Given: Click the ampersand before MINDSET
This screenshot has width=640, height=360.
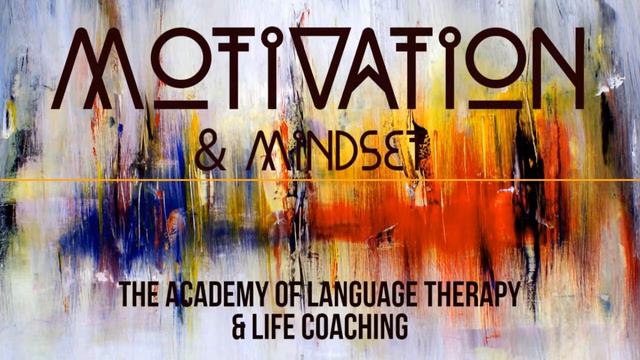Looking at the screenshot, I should (x=210, y=152).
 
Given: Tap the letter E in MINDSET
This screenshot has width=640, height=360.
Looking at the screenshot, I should (x=377, y=152).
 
